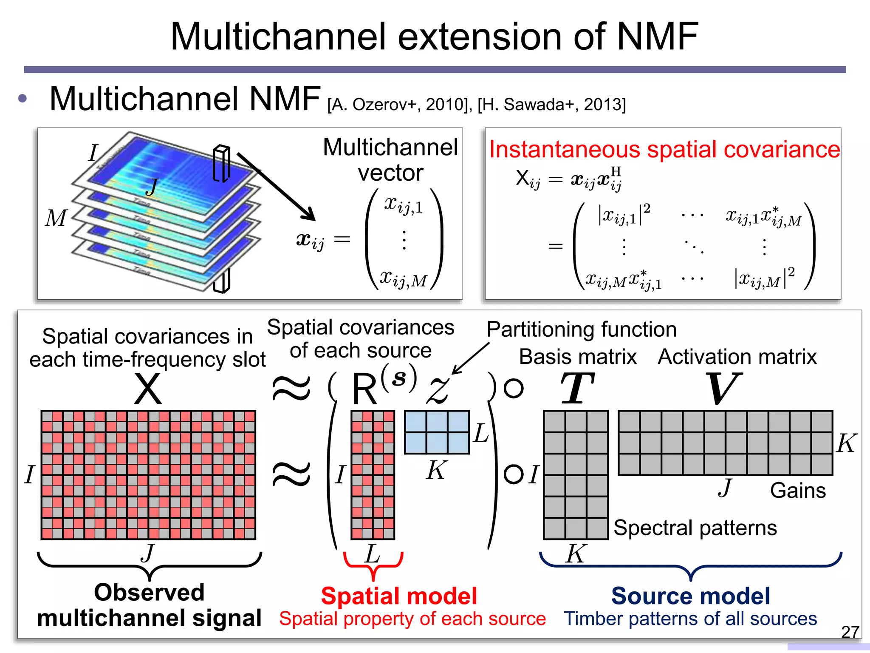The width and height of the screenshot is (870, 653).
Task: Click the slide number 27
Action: coord(850,632)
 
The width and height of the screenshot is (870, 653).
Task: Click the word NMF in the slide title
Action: coord(657,37)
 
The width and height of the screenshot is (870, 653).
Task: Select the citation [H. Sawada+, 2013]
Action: coord(551,104)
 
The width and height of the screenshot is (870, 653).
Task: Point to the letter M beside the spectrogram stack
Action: coord(56,218)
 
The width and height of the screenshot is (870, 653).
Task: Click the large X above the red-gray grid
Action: coord(147,389)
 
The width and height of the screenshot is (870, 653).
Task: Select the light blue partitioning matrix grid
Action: coord(437,432)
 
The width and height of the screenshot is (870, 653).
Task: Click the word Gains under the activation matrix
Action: coord(798,491)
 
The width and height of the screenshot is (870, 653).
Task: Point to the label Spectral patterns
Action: coord(695,528)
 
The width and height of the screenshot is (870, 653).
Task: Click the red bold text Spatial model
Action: coord(399,596)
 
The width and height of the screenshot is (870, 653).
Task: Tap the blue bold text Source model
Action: coord(690,596)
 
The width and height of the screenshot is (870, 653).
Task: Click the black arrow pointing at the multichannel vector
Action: coord(276,187)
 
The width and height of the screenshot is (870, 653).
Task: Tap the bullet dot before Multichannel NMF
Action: coord(23,99)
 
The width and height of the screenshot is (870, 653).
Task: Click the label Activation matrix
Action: coord(737,357)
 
